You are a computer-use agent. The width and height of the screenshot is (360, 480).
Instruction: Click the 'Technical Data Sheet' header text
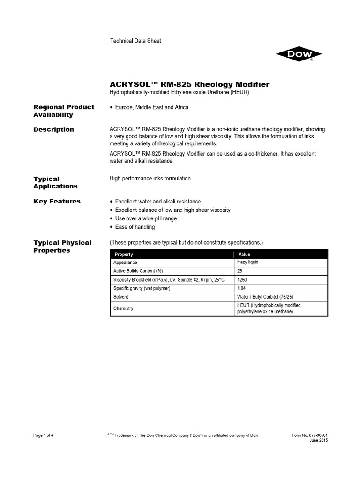135,41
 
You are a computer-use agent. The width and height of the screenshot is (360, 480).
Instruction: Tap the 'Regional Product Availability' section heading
64,111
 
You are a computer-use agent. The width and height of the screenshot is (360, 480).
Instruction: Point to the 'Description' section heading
53,129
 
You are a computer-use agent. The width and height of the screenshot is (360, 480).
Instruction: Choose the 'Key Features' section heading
57,202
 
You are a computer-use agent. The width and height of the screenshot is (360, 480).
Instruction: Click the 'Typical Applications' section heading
55,182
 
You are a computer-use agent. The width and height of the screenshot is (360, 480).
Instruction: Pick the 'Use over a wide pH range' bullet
146,218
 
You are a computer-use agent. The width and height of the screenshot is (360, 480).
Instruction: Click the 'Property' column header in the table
124,254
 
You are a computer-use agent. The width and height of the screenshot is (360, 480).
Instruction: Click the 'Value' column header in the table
244,254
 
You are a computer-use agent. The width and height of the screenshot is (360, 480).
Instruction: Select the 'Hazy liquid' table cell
248,262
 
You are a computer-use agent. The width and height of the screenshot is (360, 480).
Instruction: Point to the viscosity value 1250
243,280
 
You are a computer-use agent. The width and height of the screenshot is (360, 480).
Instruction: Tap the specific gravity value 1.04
242,288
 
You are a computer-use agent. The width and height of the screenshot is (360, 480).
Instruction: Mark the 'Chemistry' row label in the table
123,308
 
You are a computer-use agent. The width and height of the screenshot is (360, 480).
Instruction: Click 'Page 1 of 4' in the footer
44,435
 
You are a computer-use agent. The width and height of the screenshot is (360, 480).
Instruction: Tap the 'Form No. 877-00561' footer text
310,435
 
